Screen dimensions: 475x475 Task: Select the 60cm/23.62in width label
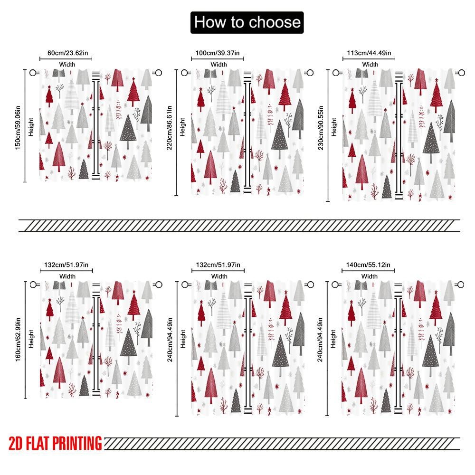click(66, 53)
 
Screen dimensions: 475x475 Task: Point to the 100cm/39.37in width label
click(218, 53)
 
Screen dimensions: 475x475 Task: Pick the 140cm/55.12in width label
click(369, 265)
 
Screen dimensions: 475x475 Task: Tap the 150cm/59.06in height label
click(18, 125)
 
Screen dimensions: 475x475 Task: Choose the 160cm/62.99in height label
click(18, 338)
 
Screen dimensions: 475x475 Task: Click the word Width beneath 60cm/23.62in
click(66, 64)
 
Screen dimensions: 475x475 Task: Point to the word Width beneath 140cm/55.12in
click(369, 276)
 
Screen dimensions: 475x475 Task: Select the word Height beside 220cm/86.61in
click(183, 127)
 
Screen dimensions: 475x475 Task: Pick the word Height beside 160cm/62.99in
click(31, 338)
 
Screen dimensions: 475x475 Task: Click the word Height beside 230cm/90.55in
click(334, 127)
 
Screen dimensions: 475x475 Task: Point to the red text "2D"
click(16, 444)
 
